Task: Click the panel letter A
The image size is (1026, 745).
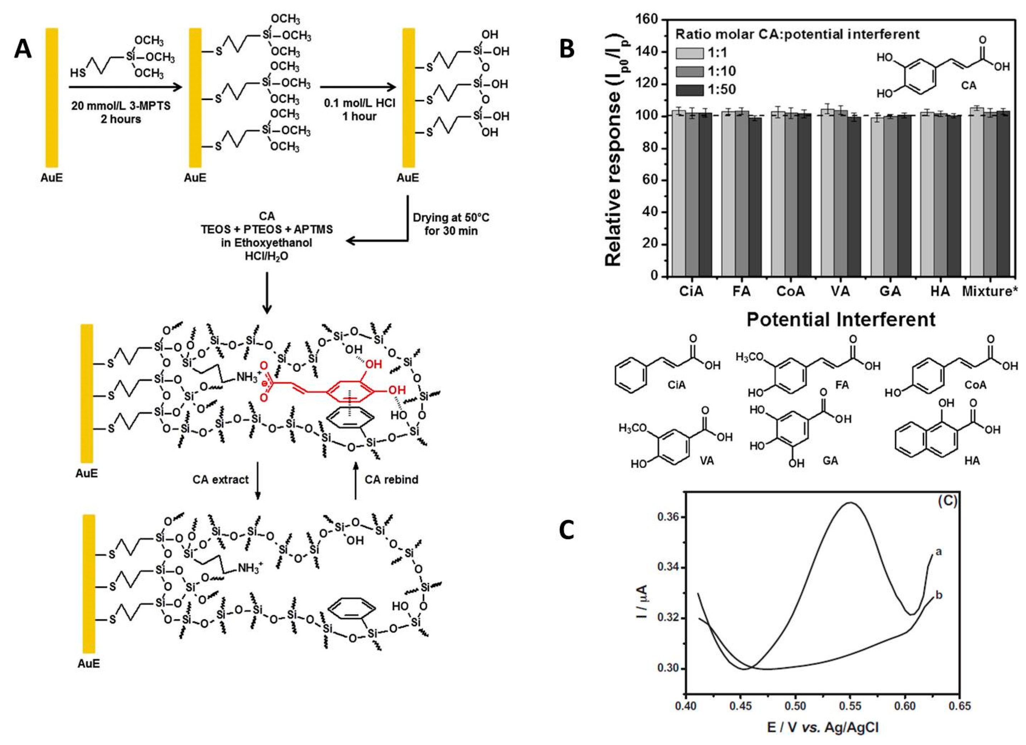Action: click(23, 49)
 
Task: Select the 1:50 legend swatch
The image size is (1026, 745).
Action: click(690, 90)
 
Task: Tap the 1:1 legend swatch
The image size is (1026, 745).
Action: click(690, 53)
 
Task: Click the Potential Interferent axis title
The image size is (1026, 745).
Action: click(840, 319)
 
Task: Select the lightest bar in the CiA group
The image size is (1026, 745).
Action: click(678, 199)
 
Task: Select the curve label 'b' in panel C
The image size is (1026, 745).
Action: click(939, 595)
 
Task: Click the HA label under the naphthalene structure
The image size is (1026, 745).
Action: click(972, 461)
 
